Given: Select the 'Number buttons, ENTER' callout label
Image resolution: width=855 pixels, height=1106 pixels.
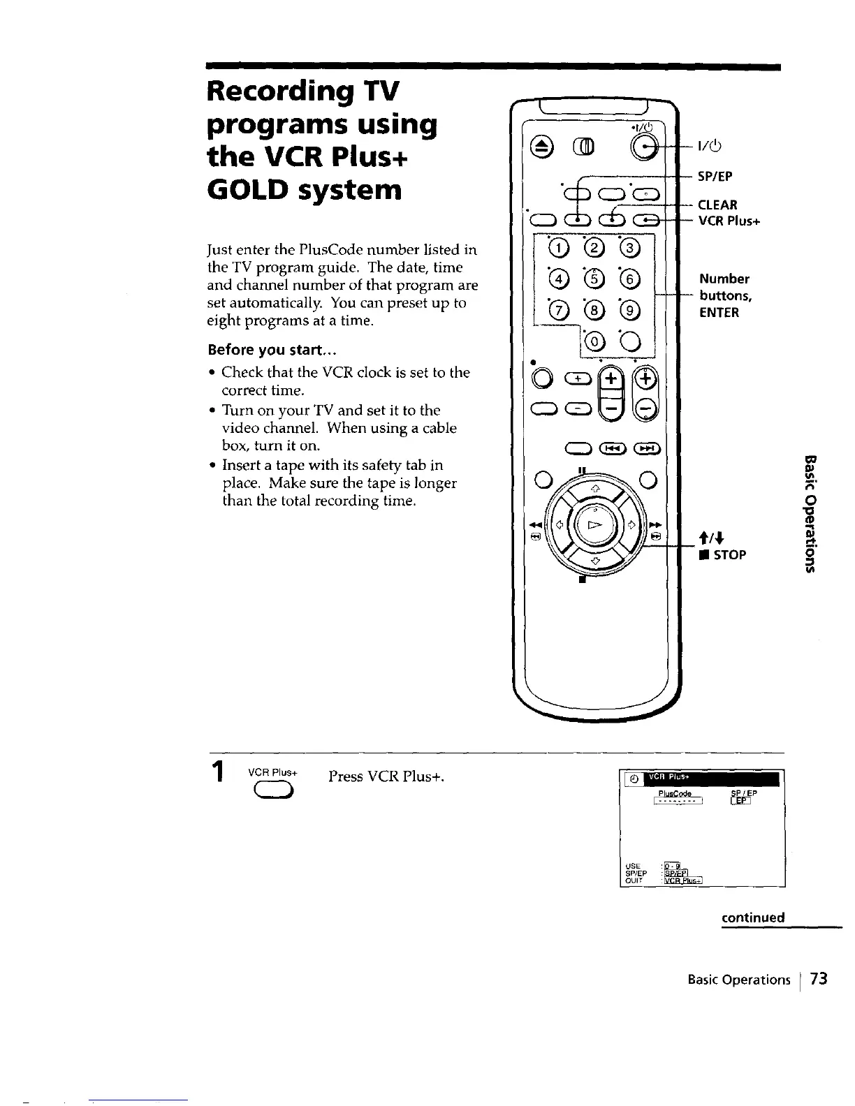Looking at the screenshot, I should (724, 295).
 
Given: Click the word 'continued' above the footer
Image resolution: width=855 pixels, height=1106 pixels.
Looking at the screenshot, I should (753, 917).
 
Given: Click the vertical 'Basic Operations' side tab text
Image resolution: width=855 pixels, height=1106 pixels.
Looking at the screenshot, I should (810, 512).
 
